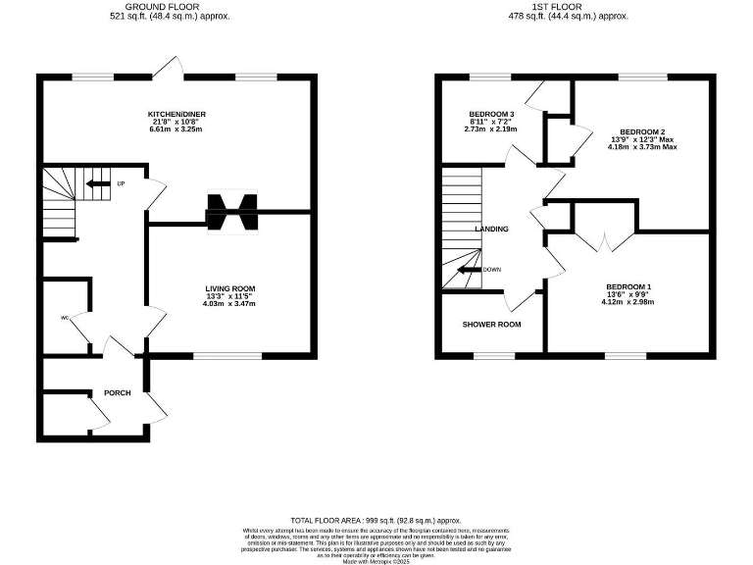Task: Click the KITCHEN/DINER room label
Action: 176,114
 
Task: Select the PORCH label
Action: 118,392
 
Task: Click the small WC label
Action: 65,318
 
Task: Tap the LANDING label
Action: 491,229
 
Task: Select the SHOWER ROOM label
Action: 492,324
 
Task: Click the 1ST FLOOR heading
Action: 579,6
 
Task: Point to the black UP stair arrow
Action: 97,183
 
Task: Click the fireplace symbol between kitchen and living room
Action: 231,210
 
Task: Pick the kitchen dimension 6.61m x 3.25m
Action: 176,130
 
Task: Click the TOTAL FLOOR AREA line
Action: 376,520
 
